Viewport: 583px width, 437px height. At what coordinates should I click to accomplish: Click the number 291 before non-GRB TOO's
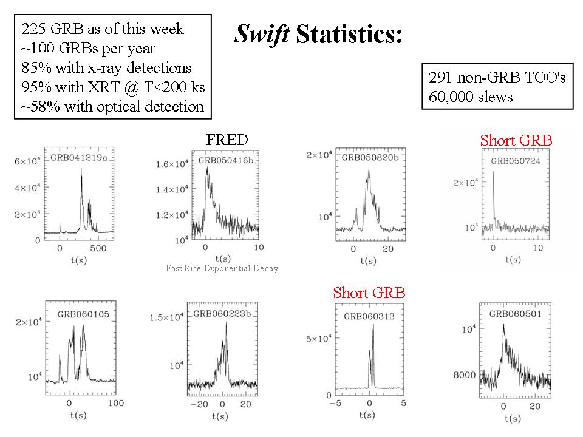442,79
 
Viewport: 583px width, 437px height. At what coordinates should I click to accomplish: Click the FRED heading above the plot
228,140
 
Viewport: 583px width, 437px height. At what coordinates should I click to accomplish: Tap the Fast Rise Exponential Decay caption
222,268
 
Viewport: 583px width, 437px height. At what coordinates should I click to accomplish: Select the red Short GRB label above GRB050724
516,141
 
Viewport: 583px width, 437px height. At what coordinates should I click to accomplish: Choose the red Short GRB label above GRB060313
369,293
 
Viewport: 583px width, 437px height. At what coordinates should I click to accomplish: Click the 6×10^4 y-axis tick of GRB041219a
26,161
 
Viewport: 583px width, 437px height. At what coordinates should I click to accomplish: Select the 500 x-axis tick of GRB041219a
97,249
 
